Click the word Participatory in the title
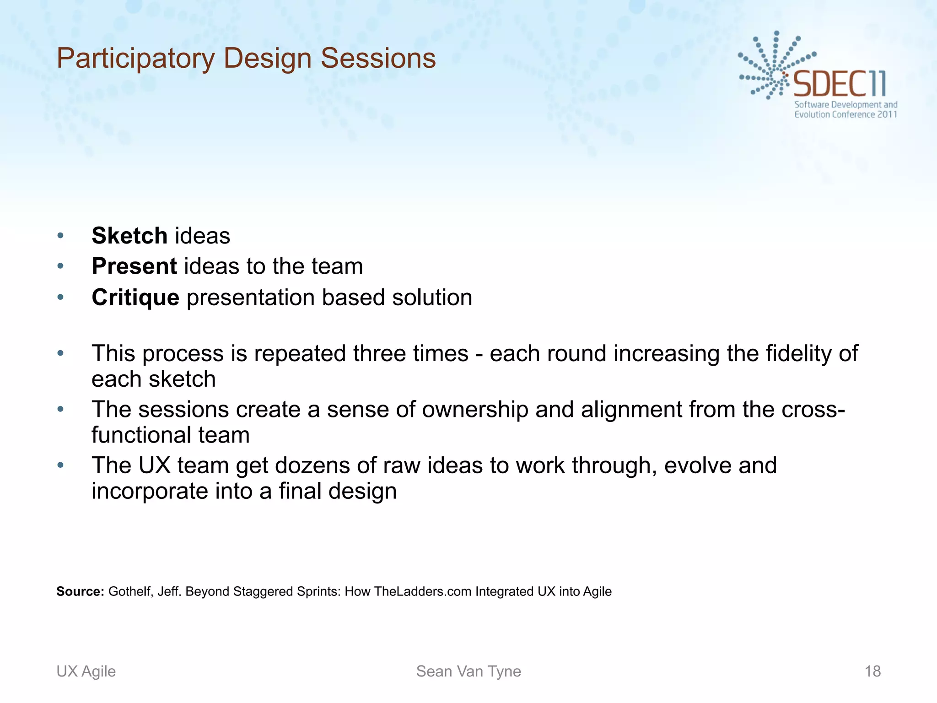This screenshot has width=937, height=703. click(x=135, y=59)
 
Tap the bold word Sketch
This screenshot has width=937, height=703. click(x=129, y=236)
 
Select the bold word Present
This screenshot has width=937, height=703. click(x=134, y=266)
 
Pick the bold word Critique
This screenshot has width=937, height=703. click(x=135, y=298)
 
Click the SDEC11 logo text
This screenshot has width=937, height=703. click(x=840, y=84)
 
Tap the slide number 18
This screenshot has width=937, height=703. click(x=872, y=671)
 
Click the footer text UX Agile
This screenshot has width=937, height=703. click(x=86, y=671)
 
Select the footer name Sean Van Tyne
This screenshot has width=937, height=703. click(x=468, y=671)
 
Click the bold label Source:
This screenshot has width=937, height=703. click(x=81, y=591)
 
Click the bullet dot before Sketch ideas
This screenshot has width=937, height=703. click(x=60, y=236)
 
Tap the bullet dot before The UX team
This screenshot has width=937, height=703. click(x=60, y=465)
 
